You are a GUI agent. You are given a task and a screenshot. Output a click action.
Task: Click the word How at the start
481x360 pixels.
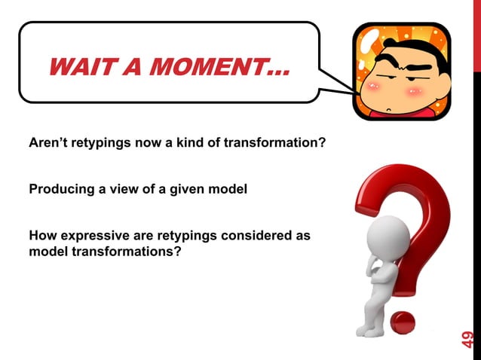[x=41, y=236]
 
